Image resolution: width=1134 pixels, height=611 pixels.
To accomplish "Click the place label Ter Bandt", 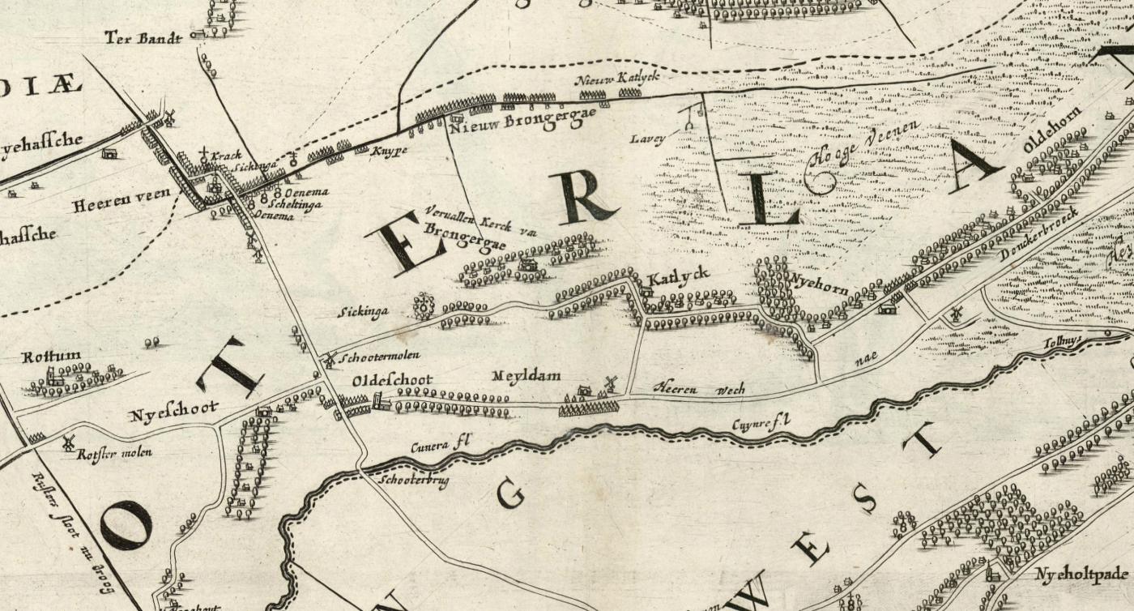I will (143, 37).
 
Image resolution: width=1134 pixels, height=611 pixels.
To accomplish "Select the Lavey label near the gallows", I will (649, 139).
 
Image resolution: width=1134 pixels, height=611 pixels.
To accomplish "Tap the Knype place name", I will (387, 151).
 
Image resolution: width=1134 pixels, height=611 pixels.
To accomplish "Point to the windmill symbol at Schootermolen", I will (330, 357).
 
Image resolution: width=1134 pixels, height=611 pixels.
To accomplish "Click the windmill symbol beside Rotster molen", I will (68, 443).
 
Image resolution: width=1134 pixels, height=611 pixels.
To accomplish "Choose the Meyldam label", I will (526, 376).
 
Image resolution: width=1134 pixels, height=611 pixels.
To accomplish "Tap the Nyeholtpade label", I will (1081, 575).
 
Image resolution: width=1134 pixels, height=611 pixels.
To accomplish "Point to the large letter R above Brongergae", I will (582, 197).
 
